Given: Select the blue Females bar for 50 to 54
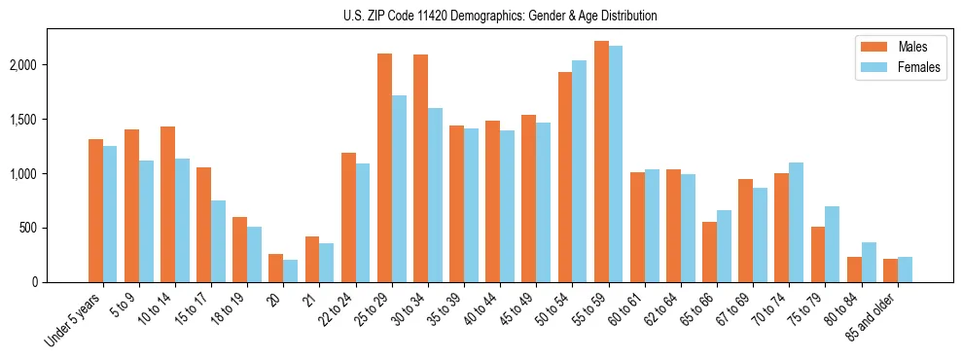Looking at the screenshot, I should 579,171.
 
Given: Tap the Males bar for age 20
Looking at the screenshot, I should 276,269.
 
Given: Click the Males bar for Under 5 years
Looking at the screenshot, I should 95,210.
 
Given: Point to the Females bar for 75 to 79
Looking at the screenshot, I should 832,244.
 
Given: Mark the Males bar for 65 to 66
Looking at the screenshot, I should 709,252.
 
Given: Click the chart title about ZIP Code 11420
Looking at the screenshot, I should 500,16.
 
